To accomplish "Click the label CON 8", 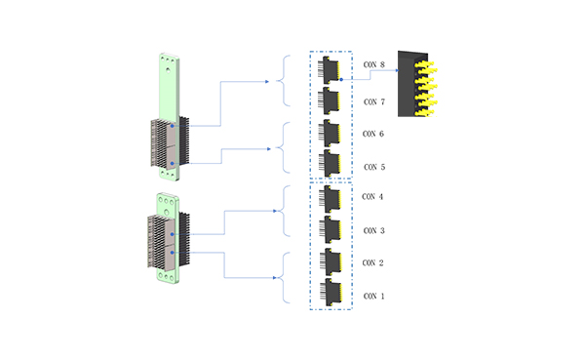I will pyautogui.click(x=373, y=65).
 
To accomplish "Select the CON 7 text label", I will pyautogui.click(x=373, y=101).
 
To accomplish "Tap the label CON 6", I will pyautogui.click(x=373, y=134).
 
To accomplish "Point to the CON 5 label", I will pyautogui.click(x=373, y=167).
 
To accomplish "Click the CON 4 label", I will pyautogui.click(x=373, y=197).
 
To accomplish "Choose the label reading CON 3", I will pyautogui.click(x=373, y=230).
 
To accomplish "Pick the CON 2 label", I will pyautogui.click(x=373, y=263).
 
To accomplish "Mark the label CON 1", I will pyautogui.click(x=373, y=296).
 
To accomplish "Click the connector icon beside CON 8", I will pyautogui.click(x=331, y=67).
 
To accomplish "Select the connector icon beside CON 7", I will pyautogui.click(x=331, y=100).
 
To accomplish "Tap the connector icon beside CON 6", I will pyautogui.click(x=331, y=132).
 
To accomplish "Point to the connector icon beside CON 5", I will pyautogui.click(x=331, y=163).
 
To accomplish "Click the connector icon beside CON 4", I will pyautogui.click(x=331, y=199).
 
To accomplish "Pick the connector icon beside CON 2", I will pyautogui.click(x=331, y=261).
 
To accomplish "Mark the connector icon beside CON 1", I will pyautogui.click(x=331, y=292).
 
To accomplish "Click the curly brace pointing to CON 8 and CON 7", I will pyautogui.click(x=283, y=81).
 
